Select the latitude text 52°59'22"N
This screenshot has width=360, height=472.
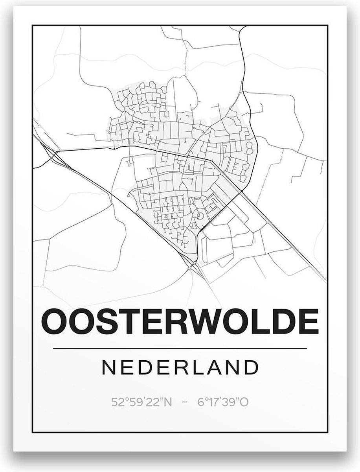(x=136, y=402)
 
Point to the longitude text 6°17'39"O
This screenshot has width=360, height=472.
(x=224, y=402)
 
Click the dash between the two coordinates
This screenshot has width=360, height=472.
(x=180, y=402)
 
